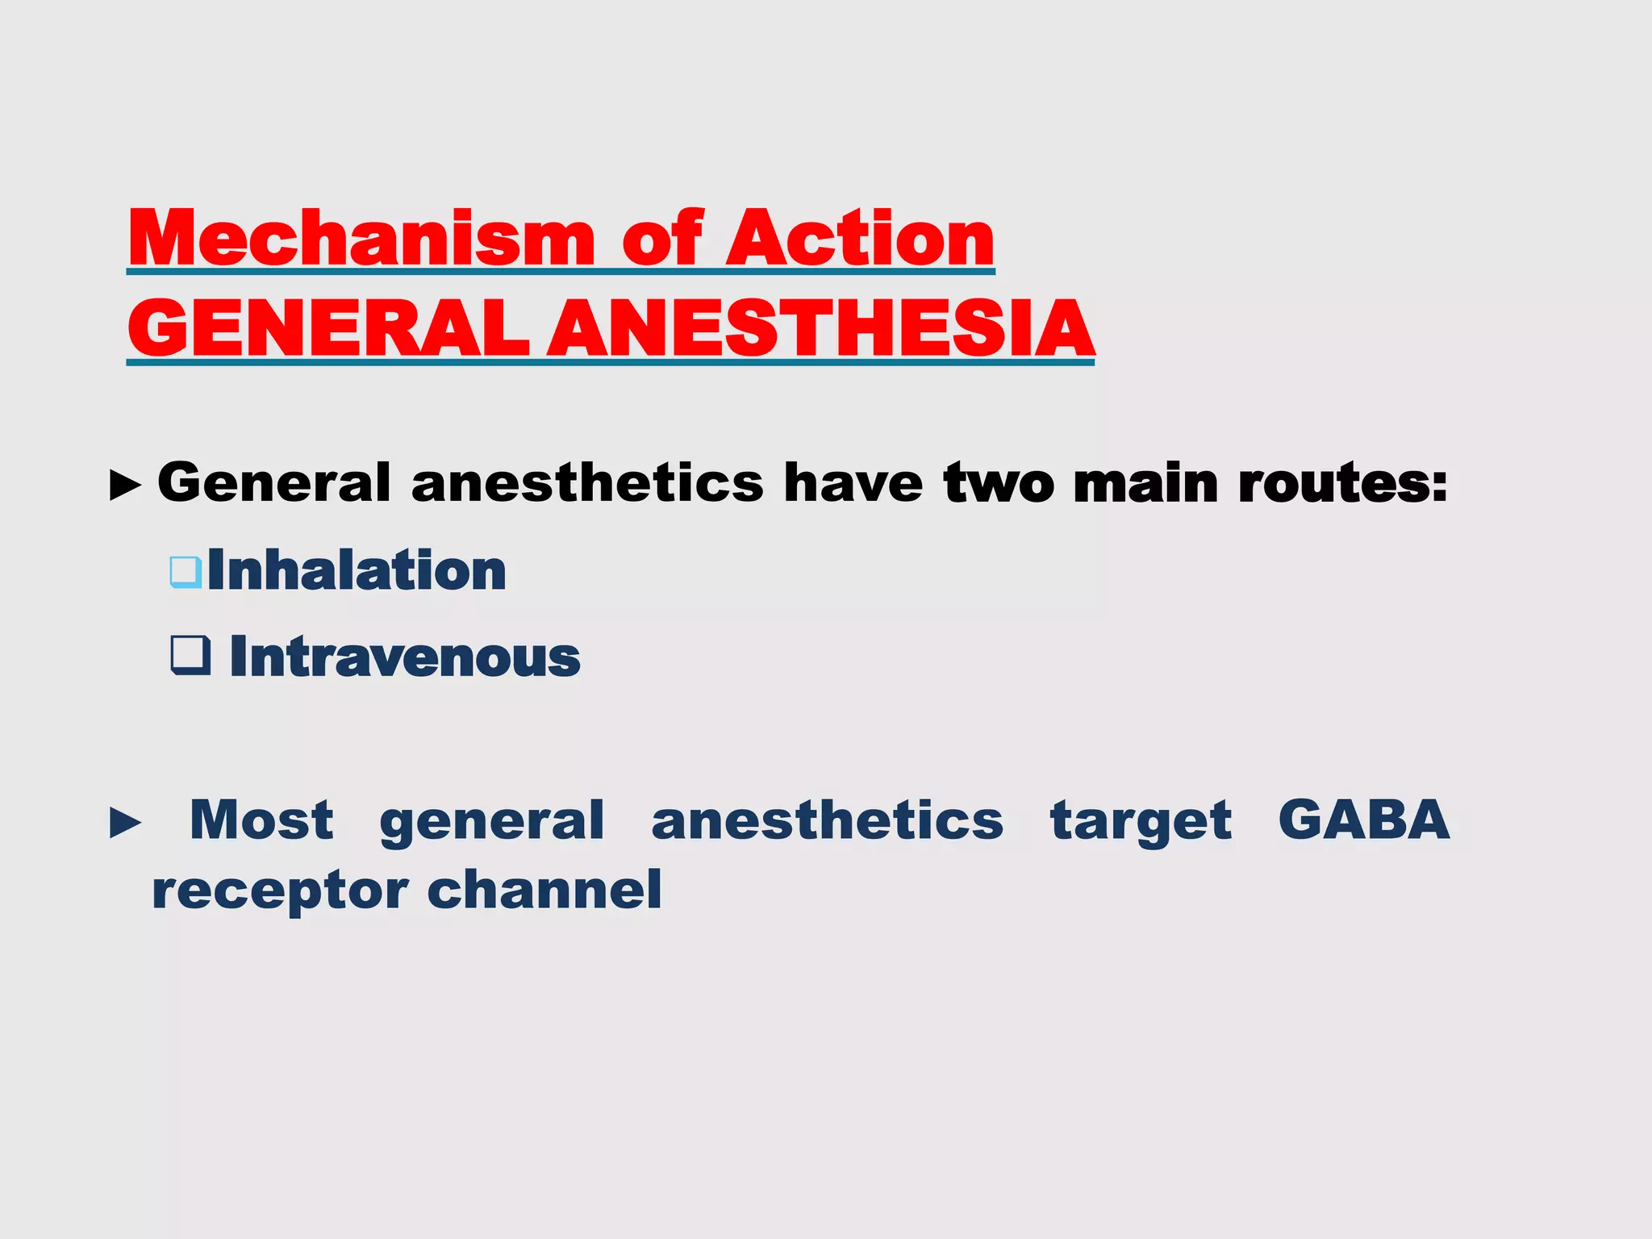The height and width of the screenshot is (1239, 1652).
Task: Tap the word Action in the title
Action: pyautogui.click(x=860, y=239)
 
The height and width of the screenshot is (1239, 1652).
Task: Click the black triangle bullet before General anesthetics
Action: pyautogui.click(x=125, y=486)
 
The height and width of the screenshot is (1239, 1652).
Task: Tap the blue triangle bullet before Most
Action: pyautogui.click(x=125, y=823)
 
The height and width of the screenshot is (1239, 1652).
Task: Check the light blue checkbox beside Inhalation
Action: pyautogui.click(x=186, y=571)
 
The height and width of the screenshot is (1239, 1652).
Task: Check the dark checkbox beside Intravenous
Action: pyautogui.click(x=190, y=655)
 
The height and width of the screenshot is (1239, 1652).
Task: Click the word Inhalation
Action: pyautogui.click(x=357, y=571)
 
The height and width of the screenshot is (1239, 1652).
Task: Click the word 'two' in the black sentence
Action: pyautogui.click(x=999, y=484)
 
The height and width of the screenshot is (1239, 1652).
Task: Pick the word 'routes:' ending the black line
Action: pyautogui.click(x=1343, y=484)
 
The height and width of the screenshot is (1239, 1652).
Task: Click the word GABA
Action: pyautogui.click(x=1364, y=821)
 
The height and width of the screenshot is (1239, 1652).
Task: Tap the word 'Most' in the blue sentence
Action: pyautogui.click(x=261, y=821)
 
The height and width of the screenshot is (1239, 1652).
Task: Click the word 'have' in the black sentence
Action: pyautogui.click(x=853, y=484)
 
